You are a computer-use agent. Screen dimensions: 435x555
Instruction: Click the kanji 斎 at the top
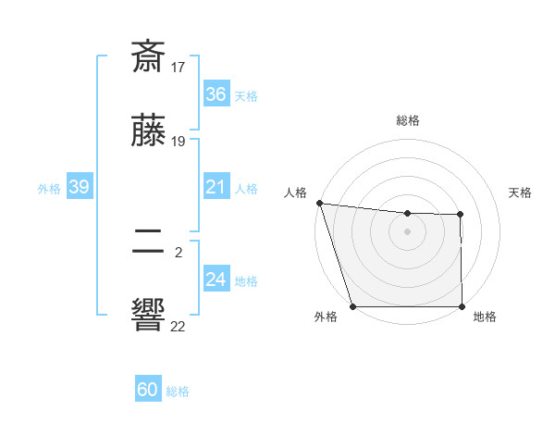pyautogui.click(x=149, y=57)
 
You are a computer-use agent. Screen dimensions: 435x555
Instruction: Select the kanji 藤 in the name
pyautogui.click(x=149, y=133)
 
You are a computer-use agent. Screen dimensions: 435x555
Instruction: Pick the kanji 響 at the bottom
pyautogui.click(x=149, y=316)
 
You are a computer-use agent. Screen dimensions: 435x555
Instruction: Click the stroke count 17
pyautogui.click(x=179, y=67)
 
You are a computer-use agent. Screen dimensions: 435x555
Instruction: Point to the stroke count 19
pyautogui.click(x=179, y=142)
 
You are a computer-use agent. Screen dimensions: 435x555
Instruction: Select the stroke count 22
pyautogui.click(x=179, y=325)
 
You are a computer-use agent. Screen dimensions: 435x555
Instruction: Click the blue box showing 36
pyautogui.click(x=216, y=94)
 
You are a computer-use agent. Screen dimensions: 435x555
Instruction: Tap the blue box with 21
pyautogui.click(x=216, y=188)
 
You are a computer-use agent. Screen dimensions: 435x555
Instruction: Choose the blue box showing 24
pyautogui.click(x=216, y=280)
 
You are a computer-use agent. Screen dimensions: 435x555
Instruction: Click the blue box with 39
pyautogui.click(x=79, y=188)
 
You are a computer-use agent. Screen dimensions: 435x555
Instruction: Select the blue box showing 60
pyautogui.click(x=148, y=391)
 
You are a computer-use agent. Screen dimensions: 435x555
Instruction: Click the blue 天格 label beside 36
pyautogui.click(x=246, y=96)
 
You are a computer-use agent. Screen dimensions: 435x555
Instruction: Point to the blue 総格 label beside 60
pyautogui.click(x=179, y=392)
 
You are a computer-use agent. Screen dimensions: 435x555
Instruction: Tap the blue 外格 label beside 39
pyautogui.click(x=49, y=189)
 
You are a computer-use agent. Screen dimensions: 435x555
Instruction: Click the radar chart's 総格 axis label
pyautogui.click(x=408, y=120)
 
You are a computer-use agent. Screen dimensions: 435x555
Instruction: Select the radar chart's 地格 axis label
pyautogui.click(x=485, y=317)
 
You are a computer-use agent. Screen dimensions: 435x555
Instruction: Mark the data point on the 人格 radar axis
pyautogui.click(x=319, y=203)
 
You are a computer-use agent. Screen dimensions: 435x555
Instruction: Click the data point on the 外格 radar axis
pyautogui.click(x=352, y=306)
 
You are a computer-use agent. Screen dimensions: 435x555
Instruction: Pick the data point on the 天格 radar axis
pyautogui.click(x=460, y=215)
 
